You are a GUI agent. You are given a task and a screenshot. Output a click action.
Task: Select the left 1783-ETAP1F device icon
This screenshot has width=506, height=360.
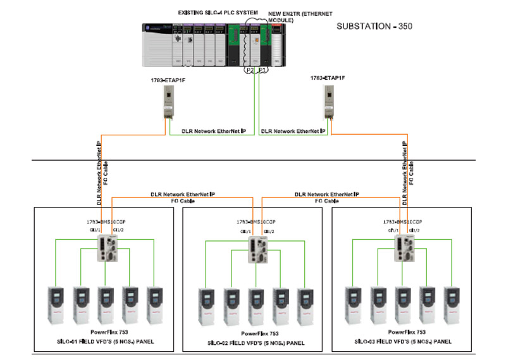[x=169, y=101]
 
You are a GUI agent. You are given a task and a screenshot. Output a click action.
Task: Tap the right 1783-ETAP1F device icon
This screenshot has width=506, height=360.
[x=330, y=101]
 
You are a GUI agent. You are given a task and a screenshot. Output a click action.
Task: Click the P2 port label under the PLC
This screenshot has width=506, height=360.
[x=249, y=70]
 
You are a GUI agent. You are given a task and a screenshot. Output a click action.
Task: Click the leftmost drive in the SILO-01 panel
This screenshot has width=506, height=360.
[x=56, y=303]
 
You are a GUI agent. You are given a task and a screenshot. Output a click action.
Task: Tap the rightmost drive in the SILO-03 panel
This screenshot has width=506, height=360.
[x=452, y=303]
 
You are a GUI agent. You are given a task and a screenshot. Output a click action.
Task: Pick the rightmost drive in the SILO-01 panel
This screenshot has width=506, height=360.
[x=154, y=303]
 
